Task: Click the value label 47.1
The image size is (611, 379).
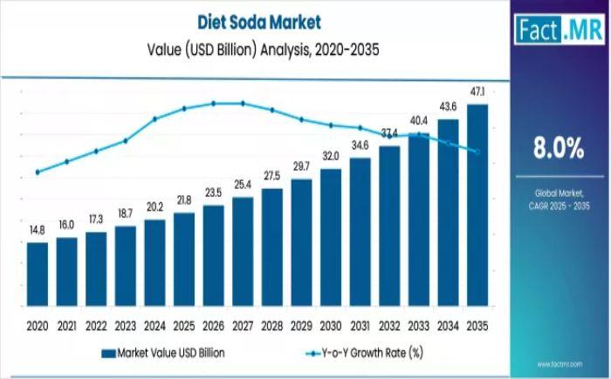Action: click(x=477, y=91)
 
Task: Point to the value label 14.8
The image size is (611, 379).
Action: click(x=38, y=230)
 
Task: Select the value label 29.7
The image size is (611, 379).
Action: click(x=301, y=166)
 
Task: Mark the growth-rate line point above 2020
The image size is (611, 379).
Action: click(x=38, y=172)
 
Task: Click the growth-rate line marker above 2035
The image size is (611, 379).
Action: click(x=477, y=152)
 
